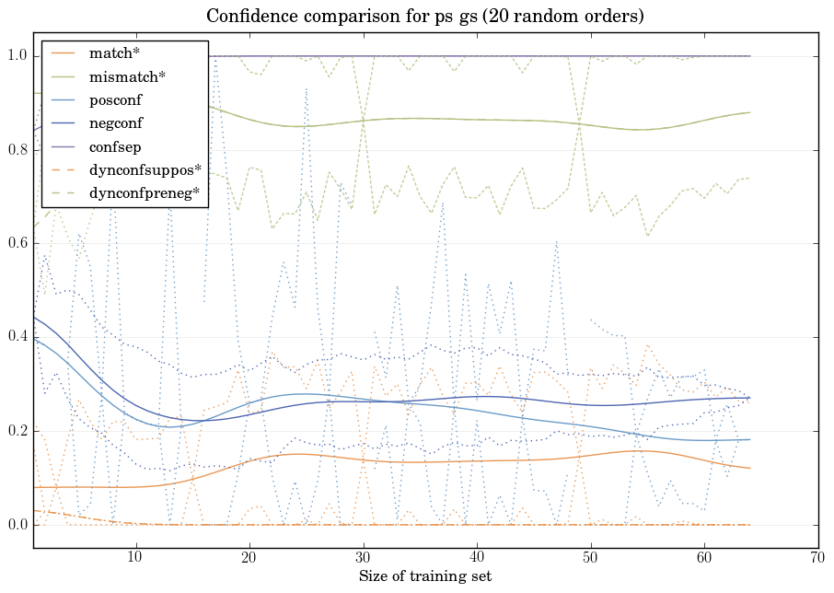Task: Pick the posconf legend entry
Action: click(116, 99)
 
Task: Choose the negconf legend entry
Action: click(116, 122)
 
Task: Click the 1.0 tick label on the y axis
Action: click(16, 56)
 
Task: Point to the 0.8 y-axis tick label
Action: click(16, 150)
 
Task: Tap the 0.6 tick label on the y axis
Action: click(16, 244)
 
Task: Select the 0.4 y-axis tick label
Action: click(16, 338)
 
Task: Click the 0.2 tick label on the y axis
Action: click(16, 431)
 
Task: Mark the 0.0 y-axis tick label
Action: click(16, 525)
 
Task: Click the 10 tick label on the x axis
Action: click(135, 557)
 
